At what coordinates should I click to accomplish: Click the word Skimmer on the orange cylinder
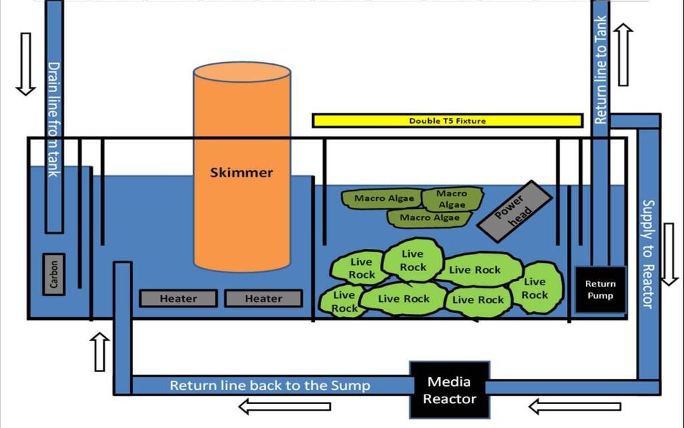(x=241, y=172)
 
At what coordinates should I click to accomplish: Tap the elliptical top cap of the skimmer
(x=242, y=72)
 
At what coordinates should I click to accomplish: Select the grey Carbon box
(x=54, y=274)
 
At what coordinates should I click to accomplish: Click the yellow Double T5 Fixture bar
(x=448, y=121)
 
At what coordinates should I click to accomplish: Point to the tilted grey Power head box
(x=515, y=212)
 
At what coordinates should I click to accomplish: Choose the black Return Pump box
(x=601, y=290)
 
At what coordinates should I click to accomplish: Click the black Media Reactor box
(x=450, y=390)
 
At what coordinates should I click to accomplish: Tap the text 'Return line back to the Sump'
(x=270, y=385)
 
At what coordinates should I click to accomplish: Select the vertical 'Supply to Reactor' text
(x=648, y=254)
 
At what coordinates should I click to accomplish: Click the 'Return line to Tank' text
(x=601, y=69)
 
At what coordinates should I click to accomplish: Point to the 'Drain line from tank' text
(x=53, y=119)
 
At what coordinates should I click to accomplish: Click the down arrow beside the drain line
(x=26, y=63)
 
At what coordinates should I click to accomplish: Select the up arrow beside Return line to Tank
(x=623, y=55)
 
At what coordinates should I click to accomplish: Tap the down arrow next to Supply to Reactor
(x=669, y=254)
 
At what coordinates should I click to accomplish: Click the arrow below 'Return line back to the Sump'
(x=285, y=406)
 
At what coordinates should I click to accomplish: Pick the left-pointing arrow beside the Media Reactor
(x=574, y=406)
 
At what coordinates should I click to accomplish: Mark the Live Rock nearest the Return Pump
(x=536, y=288)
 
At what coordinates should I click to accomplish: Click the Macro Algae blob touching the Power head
(x=452, y=199)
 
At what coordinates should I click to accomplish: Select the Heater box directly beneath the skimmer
(x=263, y=298)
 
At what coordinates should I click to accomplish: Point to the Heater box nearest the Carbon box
(x=178, y=298)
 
